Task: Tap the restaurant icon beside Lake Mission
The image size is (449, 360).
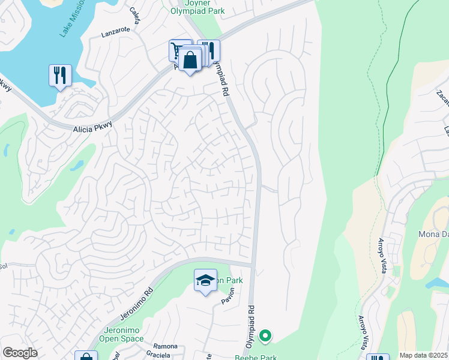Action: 60,76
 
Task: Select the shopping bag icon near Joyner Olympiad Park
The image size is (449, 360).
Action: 190,61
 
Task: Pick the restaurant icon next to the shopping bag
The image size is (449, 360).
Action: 210,50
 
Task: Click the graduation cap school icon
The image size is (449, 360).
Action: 205,280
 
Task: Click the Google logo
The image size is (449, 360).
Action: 20,353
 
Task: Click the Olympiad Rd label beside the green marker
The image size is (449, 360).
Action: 252,328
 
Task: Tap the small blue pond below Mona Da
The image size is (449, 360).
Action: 437,283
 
